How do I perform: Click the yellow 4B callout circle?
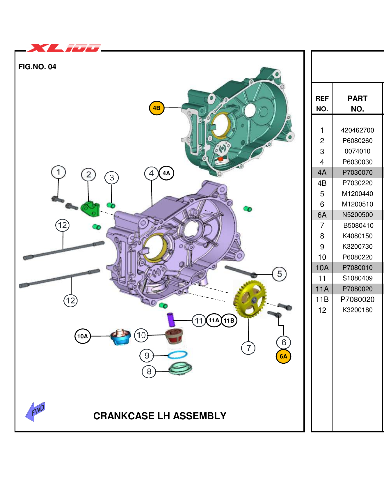point(157,108)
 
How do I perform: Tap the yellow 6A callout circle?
point(283,356)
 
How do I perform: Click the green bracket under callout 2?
point(90,209)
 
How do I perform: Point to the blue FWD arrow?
point(35,411)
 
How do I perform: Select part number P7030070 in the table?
point(357,172)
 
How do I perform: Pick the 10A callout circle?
point(82,336)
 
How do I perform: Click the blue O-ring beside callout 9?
point(177,355)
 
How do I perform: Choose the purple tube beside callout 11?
point(171,320)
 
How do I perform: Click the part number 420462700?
point(357,130)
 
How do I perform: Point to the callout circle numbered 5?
point(279,274)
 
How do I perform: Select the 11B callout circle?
point(229,321)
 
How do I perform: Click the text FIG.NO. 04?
point(37,67)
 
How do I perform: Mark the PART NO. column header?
point(357,103)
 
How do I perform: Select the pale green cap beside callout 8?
point(180,369)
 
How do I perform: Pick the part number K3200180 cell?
point(357,310)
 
